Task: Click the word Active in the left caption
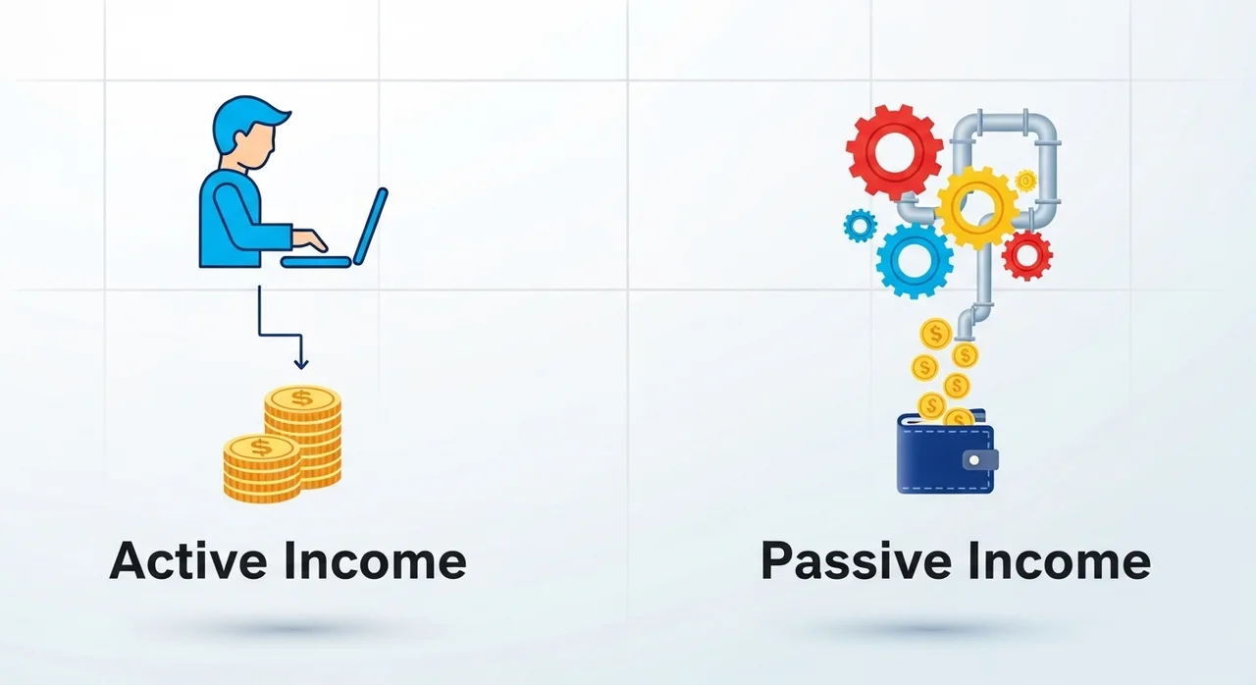188,560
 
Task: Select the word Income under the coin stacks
375,560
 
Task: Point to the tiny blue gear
861,226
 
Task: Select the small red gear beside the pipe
1026,255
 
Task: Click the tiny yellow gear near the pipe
1026,181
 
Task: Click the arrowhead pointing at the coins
301,364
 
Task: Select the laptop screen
371,226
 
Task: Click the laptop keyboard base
316,262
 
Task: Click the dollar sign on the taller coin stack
302,398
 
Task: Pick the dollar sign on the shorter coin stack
261,448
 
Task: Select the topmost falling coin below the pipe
936,334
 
